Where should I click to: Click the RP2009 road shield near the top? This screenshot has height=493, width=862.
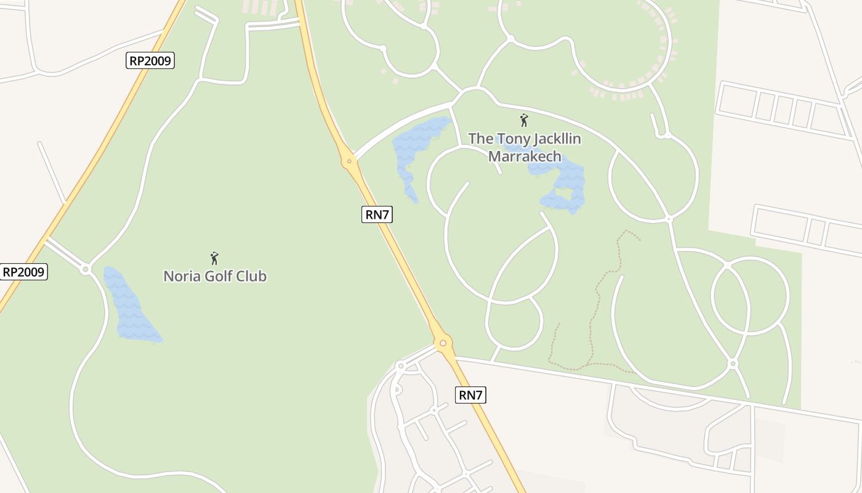[x=150, y=60]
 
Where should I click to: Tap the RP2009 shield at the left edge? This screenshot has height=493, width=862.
[x=24, y=272]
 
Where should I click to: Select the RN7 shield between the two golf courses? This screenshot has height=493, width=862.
[x=377, y=214]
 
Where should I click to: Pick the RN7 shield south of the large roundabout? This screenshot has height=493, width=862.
[x=471, y=395]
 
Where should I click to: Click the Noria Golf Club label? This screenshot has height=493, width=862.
[x=214, y=276]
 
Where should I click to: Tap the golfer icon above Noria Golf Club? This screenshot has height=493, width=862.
[x=214, y=258]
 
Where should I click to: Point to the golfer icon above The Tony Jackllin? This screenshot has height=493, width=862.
[x=524, y=120]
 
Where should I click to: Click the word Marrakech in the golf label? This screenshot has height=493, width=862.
[x=525, y=157]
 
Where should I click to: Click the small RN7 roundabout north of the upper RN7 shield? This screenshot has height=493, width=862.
[x=349, y=161]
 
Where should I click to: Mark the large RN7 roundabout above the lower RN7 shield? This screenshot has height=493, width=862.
[x=442, y=343]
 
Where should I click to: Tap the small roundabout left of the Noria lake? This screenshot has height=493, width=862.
[x=86, y=269]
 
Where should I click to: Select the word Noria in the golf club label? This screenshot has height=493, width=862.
[x=179, y=276]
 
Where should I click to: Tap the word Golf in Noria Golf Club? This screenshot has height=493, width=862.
[x=217, y=276]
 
